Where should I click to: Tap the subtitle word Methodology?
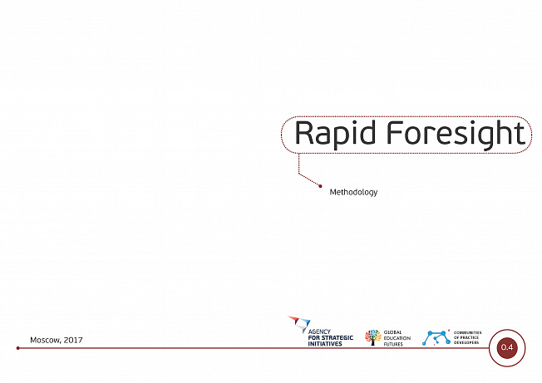coord(353,193)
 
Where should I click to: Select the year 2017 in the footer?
coord(73,340)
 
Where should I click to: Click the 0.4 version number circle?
coord(507,347)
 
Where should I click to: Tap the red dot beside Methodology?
coord(320,186)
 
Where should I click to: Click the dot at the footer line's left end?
coord(18,348)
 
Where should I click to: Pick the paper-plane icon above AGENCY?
coord(300,324)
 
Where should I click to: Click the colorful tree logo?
coord(373,337)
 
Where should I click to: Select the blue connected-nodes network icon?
coord(436,338)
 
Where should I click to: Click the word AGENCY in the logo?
coord(319,331)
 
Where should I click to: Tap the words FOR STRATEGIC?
coord(331,338)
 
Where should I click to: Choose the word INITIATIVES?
coord(325,344)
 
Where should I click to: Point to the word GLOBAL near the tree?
coord(392,332)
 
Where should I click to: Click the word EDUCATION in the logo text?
coord(397,338)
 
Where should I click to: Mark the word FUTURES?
coord(393,344)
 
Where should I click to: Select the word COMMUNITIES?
coord(468,332)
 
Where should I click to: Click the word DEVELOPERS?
coord(466,342)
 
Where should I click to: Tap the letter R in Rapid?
coord(304,133)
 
